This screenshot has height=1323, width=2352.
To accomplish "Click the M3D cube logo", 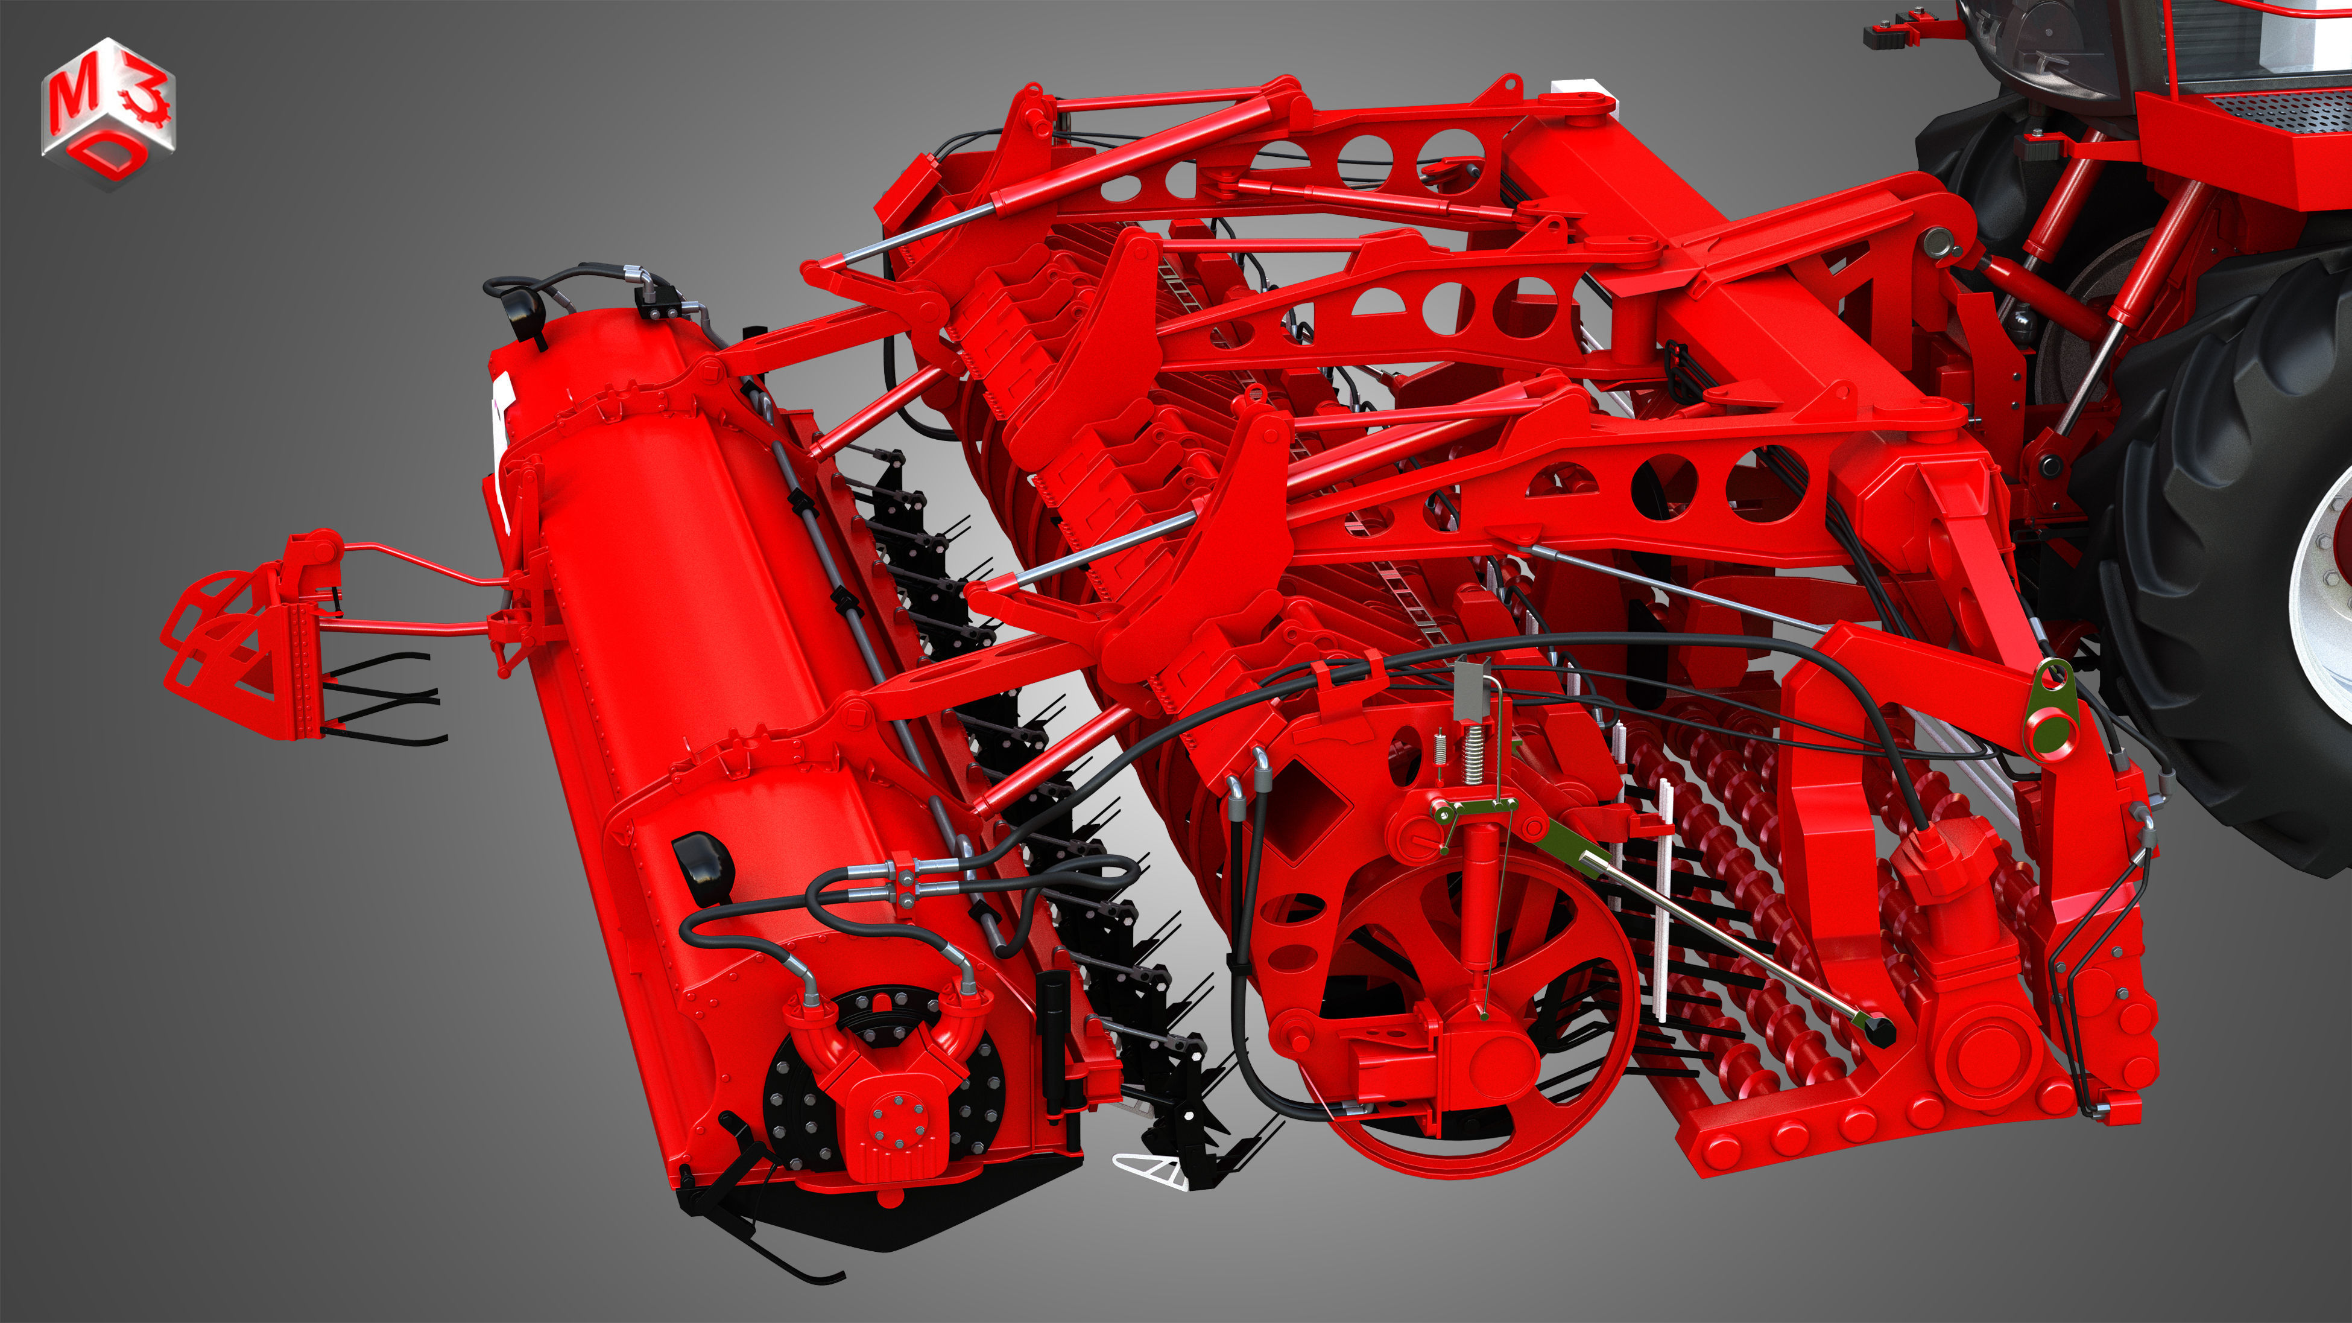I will point(108,112).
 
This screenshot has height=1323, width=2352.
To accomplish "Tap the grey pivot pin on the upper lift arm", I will point(1934,241).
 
